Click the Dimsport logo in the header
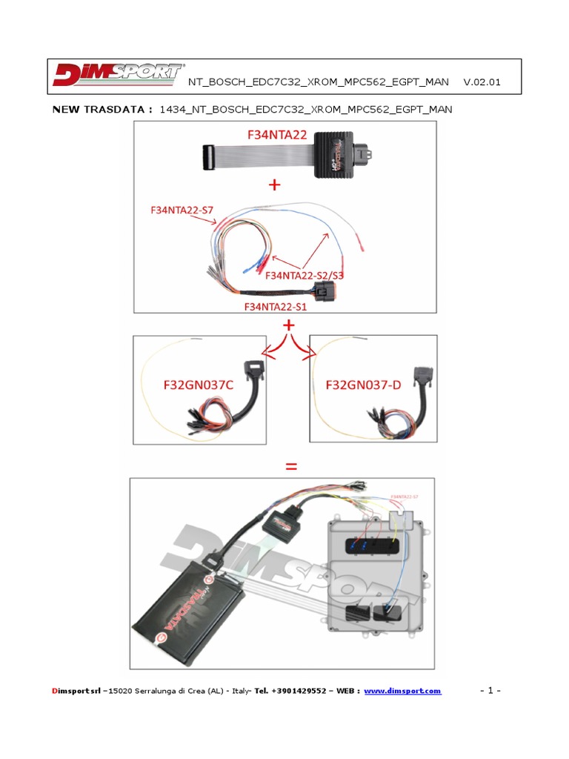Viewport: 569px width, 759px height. coord(118,76)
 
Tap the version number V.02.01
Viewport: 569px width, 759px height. coord(482,82)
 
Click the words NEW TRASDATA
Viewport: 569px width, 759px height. coord(102,110)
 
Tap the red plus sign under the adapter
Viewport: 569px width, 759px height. coord(275,186)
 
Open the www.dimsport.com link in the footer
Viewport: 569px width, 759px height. coord(402,691)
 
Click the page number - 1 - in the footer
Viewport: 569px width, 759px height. coord(490,691)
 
